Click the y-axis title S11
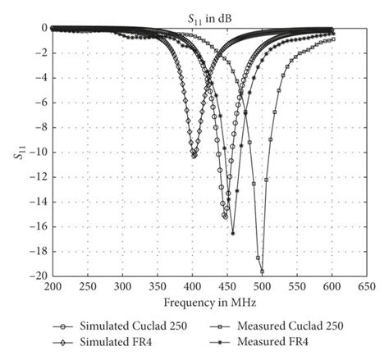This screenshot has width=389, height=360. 19,152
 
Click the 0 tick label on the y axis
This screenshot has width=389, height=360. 41,28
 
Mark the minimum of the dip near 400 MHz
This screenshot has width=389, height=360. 194,155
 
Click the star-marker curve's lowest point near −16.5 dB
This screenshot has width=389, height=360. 232,233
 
